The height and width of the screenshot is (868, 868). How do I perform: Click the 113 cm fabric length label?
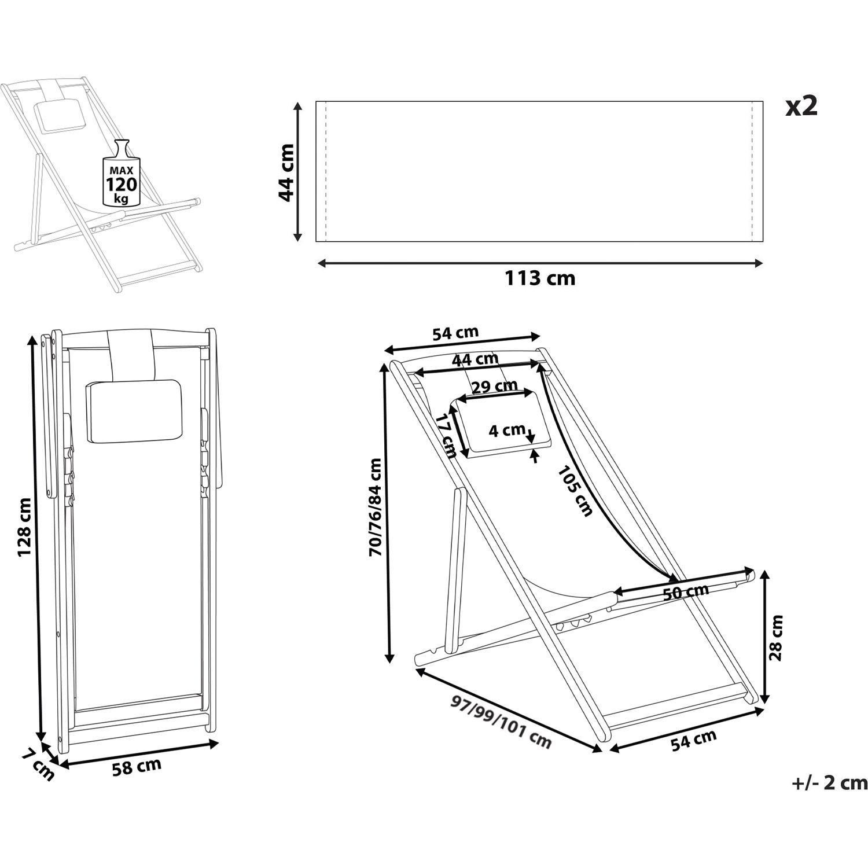coord(540,278)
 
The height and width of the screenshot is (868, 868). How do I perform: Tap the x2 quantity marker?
coord(801,106)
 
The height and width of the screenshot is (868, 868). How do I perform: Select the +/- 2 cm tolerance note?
coord(829,783)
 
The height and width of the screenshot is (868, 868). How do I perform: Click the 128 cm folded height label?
coord(24,527)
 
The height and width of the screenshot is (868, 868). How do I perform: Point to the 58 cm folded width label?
coord(137,767)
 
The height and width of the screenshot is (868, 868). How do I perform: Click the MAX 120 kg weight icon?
coord(122,174)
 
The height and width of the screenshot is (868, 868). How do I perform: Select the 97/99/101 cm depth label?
coord(501,722)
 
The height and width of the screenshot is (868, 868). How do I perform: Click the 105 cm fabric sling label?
coord(576,491)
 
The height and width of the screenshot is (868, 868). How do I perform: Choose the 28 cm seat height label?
coord(776,638)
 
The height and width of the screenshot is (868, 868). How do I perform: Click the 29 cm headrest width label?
coord(494,387)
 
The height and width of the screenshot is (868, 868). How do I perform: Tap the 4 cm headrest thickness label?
coord(506,431)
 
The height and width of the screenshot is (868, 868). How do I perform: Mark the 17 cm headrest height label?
coord(447,435)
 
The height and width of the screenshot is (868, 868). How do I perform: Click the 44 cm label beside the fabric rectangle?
coord(286,172)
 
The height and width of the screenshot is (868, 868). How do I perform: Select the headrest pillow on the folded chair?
coord(134,411)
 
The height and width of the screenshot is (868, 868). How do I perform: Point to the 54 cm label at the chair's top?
coord(455,333)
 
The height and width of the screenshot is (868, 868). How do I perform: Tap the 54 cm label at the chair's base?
coord(694,740)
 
